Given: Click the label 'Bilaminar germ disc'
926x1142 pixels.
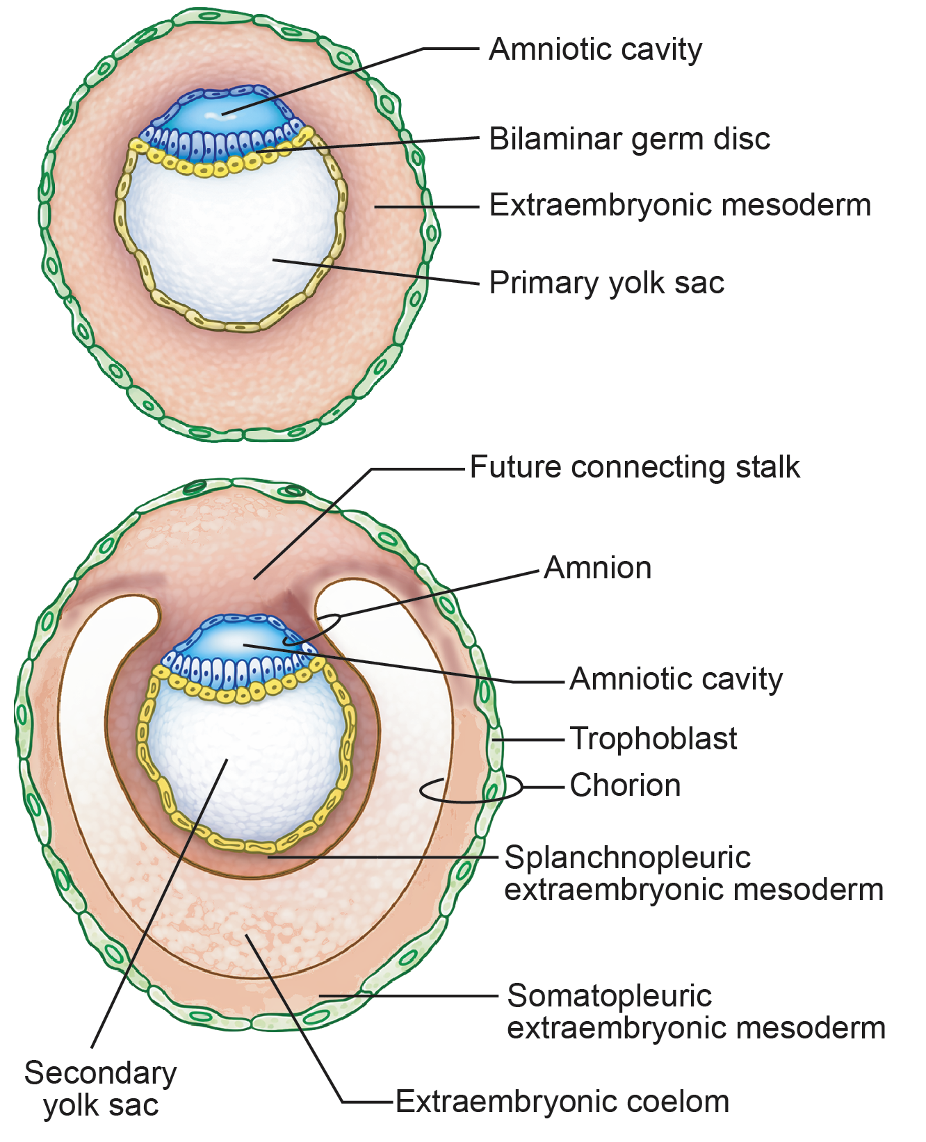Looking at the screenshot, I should click(x=629, y=139).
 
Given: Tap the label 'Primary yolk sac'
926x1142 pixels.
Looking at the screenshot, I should click(x=606, y=283).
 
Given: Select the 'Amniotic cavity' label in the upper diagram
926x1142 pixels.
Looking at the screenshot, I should click(x=595, y=49).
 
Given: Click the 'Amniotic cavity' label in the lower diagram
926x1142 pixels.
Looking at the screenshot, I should click(x=676, y=679).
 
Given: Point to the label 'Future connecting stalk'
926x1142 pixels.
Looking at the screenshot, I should click(x=634, y=467).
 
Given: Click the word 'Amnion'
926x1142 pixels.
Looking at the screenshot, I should click(x=597, y=568).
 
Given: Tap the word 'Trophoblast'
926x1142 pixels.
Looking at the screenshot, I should click(x=653, y=739).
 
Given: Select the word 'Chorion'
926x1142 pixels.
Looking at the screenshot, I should click(x=624, y=785).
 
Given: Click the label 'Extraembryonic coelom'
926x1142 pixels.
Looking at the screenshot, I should click(x=562, y=1102).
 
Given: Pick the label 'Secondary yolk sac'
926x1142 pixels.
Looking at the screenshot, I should click(x=101, y=1088).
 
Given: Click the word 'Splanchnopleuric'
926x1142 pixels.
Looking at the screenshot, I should click(x=627, y=858).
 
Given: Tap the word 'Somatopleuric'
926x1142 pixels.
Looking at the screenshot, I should click(x=609, y=996).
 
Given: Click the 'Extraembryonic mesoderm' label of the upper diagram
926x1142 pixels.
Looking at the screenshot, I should click(x=679, y=205).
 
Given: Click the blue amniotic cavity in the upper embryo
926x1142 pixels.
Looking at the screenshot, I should click(x=222, y=115).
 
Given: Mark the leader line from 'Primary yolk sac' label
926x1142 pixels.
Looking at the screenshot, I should click(x=375, y=271).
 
